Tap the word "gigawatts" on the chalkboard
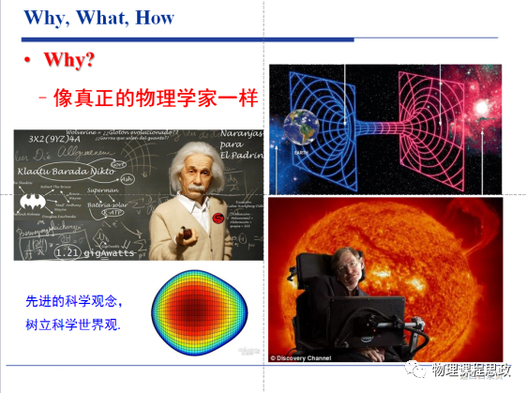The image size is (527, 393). tap(113, 251)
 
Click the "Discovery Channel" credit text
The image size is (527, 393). tap(305, 357)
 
